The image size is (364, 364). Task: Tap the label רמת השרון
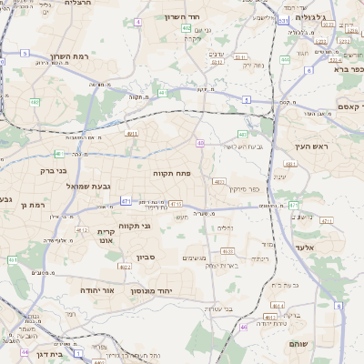coord(70,56)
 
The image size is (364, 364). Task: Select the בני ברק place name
coord(54,169)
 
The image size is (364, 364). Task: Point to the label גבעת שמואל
coord(87,186)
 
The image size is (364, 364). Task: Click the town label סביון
coord(146,258)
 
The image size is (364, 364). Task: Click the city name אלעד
coord(305,247)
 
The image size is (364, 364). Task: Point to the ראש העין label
coord(311,146)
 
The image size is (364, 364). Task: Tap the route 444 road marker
coord(285,60)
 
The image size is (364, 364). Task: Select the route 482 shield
coord(187,28)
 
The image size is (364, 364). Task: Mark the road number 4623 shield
coord(227,250)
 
